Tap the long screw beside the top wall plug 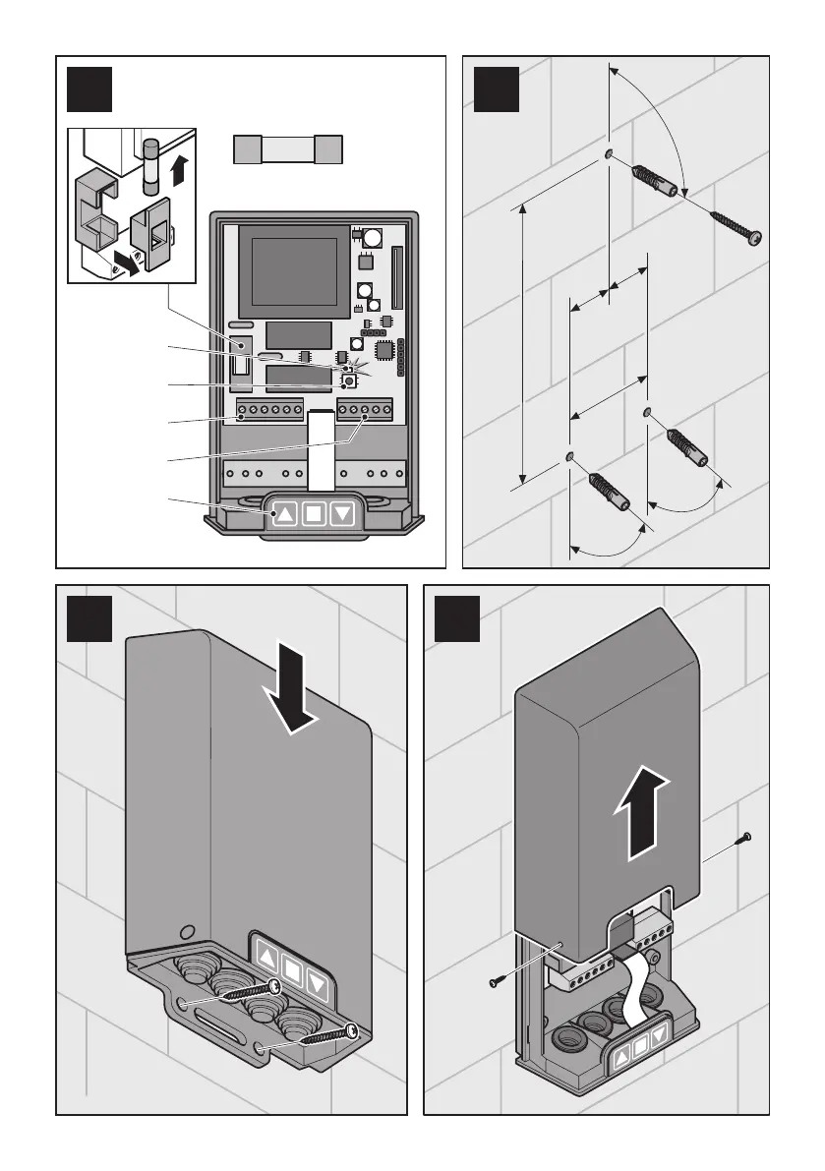click(727, 223)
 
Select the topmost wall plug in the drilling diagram click(653, 179)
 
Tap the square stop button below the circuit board click(313, 512)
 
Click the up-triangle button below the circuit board click(283, 512)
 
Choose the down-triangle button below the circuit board click(342, 512)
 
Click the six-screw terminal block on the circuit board click(268, 408)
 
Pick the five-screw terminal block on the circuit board click(364, 408)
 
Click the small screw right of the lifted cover click(741, 840)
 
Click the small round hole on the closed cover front click(186, 929)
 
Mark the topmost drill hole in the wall click(610, 153)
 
